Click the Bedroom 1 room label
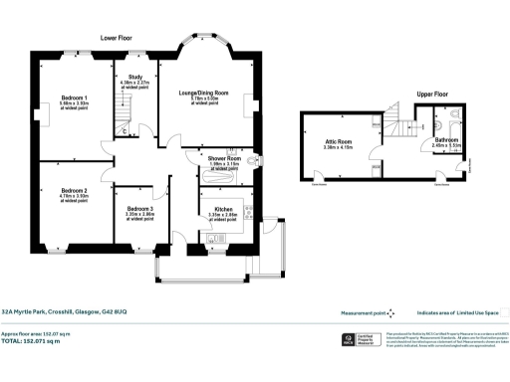(75, 98)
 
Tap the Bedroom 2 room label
(74, 190)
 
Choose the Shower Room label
(225, 158)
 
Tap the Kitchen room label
(224, 209)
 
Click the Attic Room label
(339, 142)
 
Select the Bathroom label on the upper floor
(446, 140)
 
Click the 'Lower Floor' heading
(120, 37)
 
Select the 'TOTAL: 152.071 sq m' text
(31, 341)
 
